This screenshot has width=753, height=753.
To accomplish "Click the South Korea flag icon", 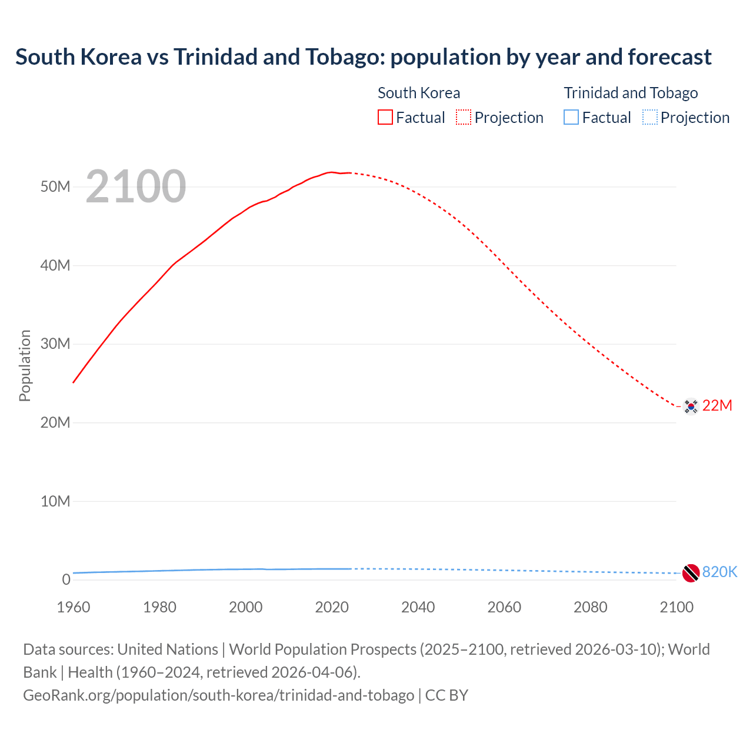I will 691,406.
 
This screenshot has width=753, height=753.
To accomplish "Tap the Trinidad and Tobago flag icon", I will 691,572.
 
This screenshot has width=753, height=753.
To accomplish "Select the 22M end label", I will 717,405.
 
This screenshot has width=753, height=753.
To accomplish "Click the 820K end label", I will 719,572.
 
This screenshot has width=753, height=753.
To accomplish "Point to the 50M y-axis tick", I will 55,186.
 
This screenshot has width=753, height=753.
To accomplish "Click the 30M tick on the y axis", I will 55,344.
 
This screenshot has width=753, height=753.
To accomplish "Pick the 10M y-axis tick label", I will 55,501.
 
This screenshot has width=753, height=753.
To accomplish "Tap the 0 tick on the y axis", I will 66,579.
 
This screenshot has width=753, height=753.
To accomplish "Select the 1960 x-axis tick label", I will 74,607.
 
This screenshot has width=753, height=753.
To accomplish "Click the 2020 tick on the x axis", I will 332,607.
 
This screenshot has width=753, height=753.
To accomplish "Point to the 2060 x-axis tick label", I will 504,607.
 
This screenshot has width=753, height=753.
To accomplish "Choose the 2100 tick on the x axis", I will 677,607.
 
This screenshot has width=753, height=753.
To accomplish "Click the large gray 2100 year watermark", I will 136,186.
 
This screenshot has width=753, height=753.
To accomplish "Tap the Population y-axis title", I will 25,365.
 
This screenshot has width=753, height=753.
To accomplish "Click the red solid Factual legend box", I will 385,117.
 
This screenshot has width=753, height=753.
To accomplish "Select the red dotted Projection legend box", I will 464,117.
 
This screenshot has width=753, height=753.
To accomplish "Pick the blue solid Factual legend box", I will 571,117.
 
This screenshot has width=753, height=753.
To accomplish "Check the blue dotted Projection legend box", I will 650,117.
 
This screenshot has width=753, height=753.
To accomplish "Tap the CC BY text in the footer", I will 447,695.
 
